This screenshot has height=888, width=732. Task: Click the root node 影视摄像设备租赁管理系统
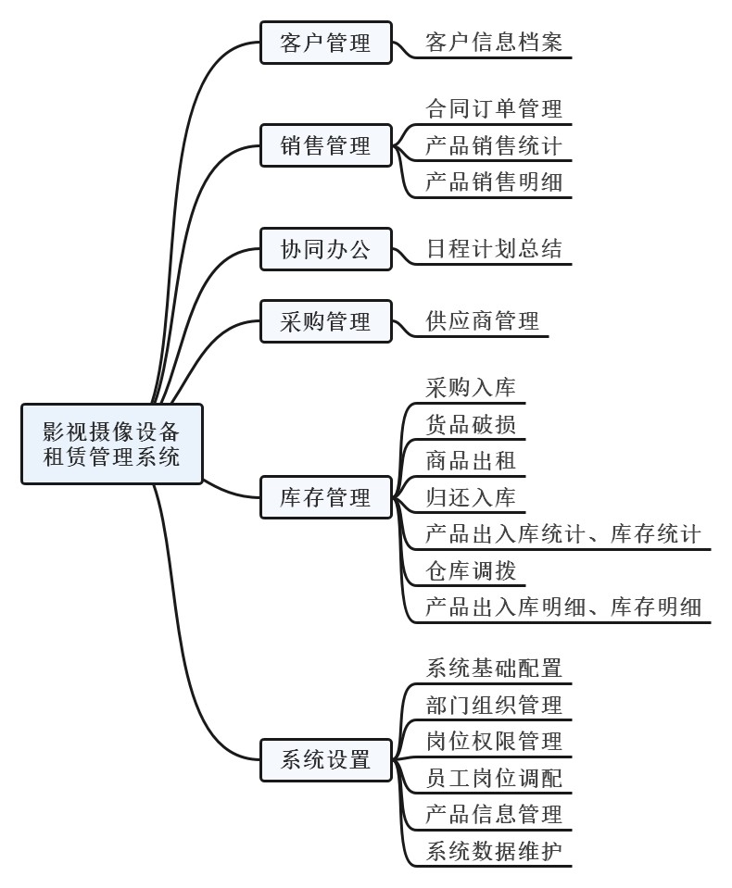111,444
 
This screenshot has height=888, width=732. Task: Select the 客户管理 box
326,43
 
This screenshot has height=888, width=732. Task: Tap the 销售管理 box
326,145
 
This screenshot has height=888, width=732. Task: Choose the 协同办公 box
326,249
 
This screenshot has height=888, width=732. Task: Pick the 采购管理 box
326,321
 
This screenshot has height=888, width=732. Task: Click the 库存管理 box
326,497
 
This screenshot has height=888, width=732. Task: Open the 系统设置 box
326,760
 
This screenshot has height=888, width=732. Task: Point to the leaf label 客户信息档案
494,42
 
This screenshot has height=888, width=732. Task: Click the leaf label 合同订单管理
494,108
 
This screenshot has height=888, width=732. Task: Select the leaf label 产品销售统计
494,145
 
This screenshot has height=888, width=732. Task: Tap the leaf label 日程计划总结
494,248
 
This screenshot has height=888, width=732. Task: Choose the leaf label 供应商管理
482,321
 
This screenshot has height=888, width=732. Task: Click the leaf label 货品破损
471,424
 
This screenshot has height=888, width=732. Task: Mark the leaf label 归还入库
471,497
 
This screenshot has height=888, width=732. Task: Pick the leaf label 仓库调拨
471,570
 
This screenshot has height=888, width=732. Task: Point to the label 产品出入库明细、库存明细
563,607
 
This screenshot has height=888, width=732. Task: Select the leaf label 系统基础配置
494,669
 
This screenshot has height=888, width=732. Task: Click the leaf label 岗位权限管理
494,742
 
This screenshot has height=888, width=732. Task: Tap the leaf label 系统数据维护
494,851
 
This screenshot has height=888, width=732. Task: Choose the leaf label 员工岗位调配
494,778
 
